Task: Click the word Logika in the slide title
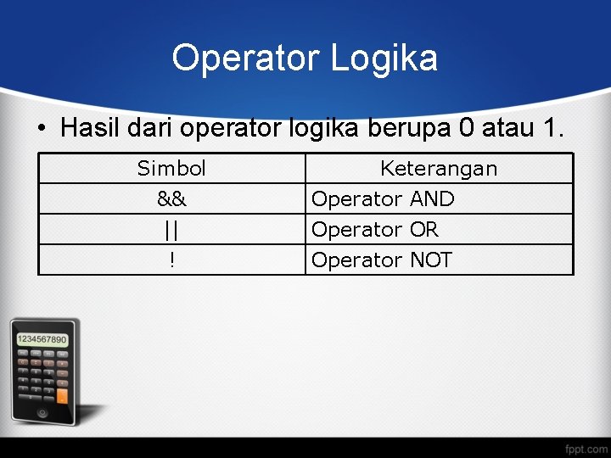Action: [x=384, y=59]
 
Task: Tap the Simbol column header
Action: [x=171, y=169]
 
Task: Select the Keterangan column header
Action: [x=439, y=169]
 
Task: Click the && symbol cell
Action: [x=172, y=199]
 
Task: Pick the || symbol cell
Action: [x=172, y=230]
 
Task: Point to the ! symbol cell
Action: [x=172, y=260]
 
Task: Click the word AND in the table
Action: [x=432, y=199]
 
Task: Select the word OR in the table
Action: [x=423, y=230]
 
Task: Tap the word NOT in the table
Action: [x=431, y=260]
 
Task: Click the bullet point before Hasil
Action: [x=42, y=130]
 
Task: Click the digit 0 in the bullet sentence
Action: [x=466, y=128]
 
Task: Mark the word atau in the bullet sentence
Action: [x=507, y=129]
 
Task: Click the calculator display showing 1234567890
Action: [x=42, y=339]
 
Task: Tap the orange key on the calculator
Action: [x=62, y=394]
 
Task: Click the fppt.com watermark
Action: [x=586, y=447]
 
